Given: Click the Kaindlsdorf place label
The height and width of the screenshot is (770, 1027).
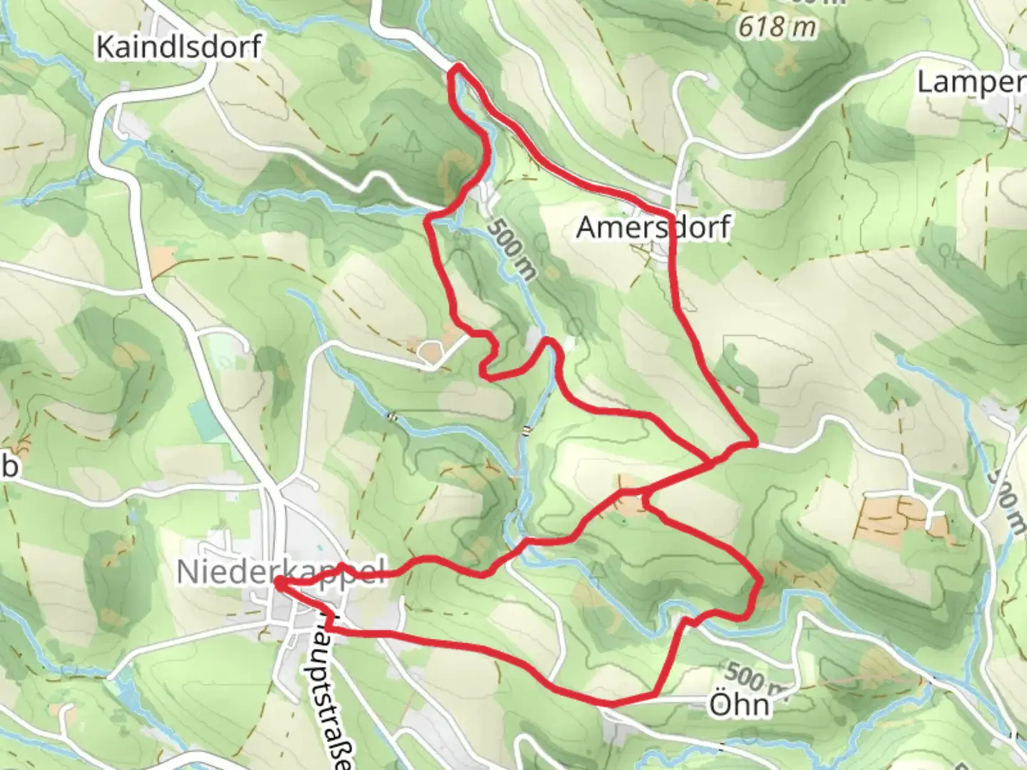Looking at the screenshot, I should point(178,47).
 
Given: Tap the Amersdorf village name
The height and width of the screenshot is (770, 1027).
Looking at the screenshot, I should point(653,227).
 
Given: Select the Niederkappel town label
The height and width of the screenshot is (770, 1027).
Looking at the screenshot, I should point(280,571).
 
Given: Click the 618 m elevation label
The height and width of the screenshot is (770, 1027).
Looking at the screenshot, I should point(777,27).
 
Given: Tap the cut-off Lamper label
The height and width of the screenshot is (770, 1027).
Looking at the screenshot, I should point(971,83).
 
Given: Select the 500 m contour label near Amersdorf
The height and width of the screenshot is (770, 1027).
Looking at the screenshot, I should point(512,247).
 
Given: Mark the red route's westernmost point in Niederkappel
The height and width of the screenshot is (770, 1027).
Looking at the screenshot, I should point(276,584).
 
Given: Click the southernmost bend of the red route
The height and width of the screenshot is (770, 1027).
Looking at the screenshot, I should point(612,704).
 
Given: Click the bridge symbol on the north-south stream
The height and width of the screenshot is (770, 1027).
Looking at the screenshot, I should point(526,430).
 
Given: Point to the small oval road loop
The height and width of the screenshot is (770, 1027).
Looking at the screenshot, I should point(430,351).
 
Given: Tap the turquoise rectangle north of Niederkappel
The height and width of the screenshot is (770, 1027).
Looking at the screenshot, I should point(206,420).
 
